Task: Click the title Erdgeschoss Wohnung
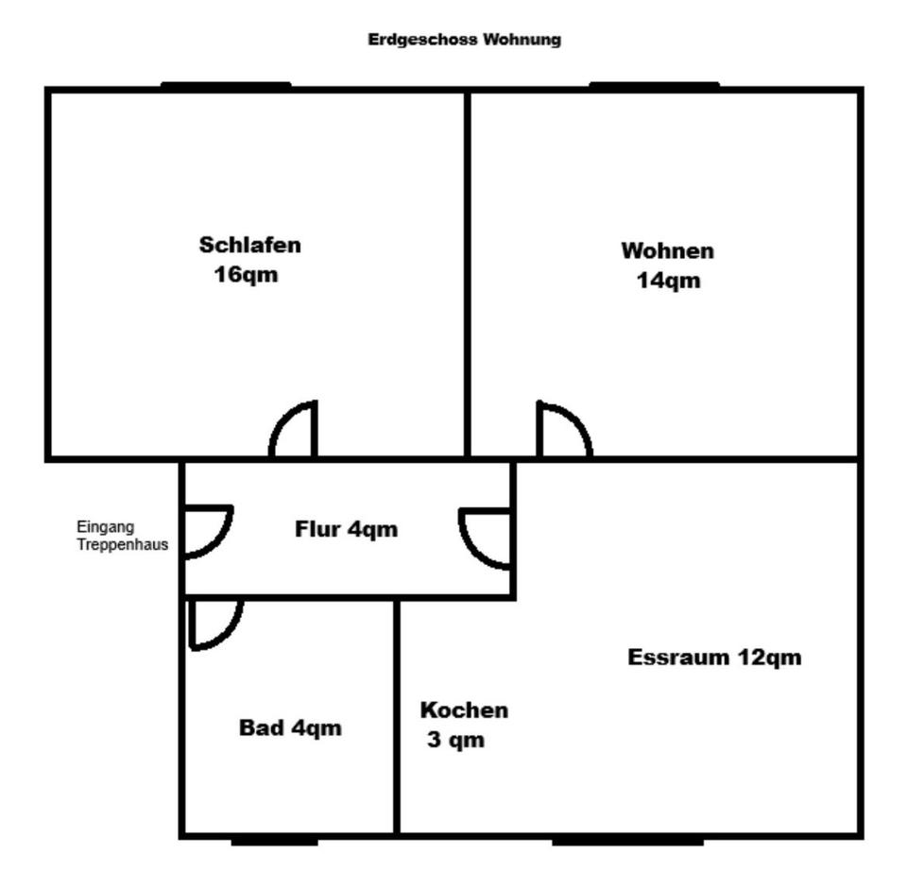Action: (x=464, y=40)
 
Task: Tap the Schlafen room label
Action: (x=250, y=245)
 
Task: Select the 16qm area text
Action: (x=247, y=275)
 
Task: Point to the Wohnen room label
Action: (x=667, y=251)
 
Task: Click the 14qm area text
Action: (x=668, y=281)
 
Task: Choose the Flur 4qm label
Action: (x=346, y=529)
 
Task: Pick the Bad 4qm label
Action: (x=290, y=728)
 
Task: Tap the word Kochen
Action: (x=464, y=710)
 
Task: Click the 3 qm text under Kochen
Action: (x=455, y=740)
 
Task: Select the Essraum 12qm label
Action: (x=714, y=658)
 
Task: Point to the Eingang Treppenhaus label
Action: (x=123, y=536)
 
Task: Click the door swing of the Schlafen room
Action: (x=295, y=432)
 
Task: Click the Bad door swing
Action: (x=216, y=624)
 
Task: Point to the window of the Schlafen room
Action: (x=226, y=86)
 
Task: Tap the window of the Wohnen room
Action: (x=654, y=86)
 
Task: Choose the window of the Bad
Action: (x=274, y=839)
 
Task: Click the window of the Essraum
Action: (x=627, y=839)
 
